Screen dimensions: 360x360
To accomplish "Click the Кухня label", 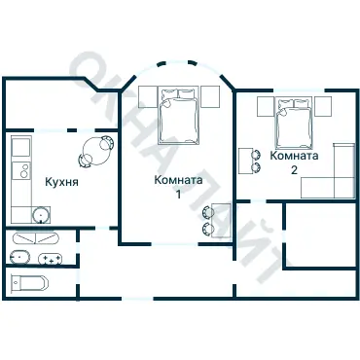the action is click(x=61, y=182).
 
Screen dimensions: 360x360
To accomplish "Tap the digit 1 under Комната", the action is click(x=178, y=194).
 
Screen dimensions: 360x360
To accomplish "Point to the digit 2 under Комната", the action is click(x=294, y=170).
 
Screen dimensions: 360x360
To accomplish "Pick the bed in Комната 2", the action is click(x=295, y=123).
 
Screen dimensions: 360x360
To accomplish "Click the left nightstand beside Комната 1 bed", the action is click(x=148, y=96).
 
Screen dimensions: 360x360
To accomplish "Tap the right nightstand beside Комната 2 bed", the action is click(x=323, y=106).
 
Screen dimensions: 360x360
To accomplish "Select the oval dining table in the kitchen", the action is click(x=96, y=151).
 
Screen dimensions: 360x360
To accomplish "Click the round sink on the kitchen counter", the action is click(x=41, y=215).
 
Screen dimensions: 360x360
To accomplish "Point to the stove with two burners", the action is click(x=21, y=170).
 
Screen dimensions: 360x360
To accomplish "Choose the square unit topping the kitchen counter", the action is click(x=20, y=146).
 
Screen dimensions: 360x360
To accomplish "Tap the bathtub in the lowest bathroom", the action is click(x=29, y=283).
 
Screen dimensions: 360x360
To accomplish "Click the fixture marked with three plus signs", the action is click(x=50, y=259).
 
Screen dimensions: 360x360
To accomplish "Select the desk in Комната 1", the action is click(x=221, y=220).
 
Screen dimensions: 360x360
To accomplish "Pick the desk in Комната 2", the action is click(x=246, y=162).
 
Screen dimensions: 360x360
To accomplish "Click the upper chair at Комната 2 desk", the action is click(x=256, y=155).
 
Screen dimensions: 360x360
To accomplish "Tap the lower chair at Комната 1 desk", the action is click(x=208, y=229).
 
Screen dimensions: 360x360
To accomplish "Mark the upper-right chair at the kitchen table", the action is click(x=107, y=142).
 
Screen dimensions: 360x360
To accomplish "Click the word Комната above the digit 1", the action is click(x=178, y=180).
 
